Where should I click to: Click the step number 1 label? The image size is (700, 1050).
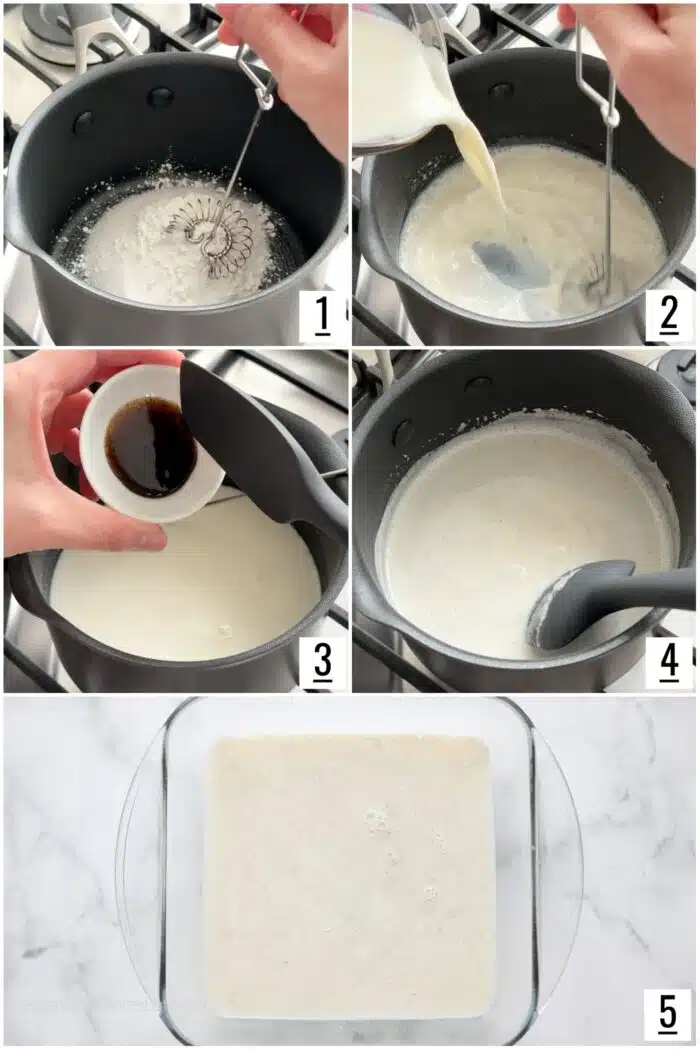pyautogui.click(x=322, y=317)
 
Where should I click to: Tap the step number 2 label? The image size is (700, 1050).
pyautogui.click(x=669, y=317)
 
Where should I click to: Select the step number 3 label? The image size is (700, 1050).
pyautogui.click(x=322, y=662)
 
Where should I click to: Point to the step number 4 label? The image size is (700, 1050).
pyautogui.click(x=669, y=662)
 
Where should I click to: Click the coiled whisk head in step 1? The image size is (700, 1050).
pyautogui.click(x=211, y=237)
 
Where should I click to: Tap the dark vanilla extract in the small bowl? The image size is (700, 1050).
pyautogui.click(x=150, y=446)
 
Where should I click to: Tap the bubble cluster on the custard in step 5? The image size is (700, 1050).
pyautogui.click(x=377, y=820)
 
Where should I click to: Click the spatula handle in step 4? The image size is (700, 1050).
pyautogui.click(x=650, y=590)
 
